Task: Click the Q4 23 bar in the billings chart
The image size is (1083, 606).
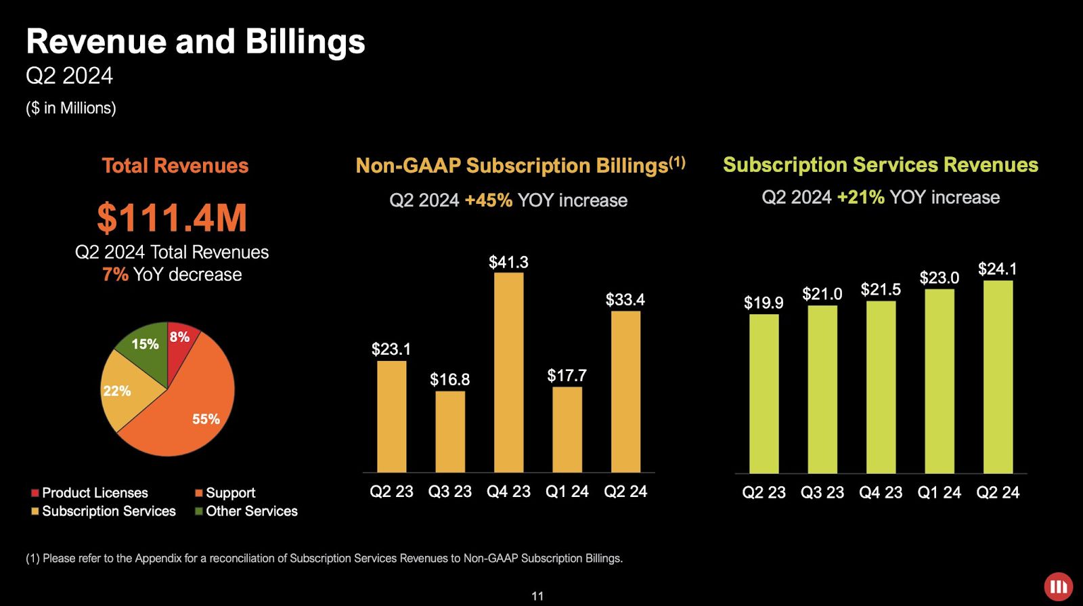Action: [508, 372]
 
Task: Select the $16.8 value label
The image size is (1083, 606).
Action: [449, 380]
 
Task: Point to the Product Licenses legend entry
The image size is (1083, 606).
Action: [94, 493]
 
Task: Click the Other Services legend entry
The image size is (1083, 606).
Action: [251, 511]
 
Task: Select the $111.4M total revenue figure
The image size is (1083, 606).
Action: [172, 218]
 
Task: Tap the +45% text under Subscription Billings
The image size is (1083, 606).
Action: [488, 200]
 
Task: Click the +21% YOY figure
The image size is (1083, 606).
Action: [860, 198]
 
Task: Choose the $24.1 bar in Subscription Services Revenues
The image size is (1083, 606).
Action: [998, 376]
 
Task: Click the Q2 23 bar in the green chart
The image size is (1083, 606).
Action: [764, 393]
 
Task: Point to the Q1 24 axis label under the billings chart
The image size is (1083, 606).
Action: [567, 492]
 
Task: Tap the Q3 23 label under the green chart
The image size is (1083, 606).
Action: [822, 493]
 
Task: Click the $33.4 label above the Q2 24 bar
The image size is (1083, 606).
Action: [625, 300]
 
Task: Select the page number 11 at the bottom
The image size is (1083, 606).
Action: [537, 596]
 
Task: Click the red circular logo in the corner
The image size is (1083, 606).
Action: [1058, 586]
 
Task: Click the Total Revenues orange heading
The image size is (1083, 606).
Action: [175, 166]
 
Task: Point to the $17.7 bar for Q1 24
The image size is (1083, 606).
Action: [567, 429]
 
